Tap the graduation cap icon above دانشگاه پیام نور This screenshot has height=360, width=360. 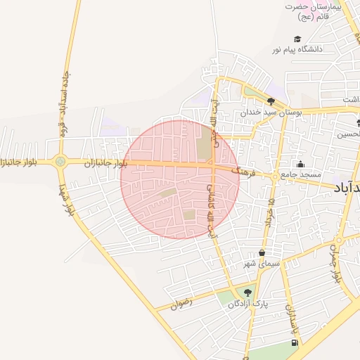[297, 39]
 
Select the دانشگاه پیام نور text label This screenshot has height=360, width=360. [302, 49]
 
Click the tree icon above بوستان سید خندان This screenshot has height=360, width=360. [271, 101]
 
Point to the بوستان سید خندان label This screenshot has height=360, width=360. [271, 111]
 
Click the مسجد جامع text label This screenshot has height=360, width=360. [300, 174]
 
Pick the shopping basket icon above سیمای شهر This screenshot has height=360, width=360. [262, 253]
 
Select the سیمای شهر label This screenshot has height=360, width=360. [262, 263]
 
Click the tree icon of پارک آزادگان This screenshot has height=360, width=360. [246, 292]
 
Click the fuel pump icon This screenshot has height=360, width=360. [294, 343]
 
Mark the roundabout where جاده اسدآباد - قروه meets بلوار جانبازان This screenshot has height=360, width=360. [60, 161]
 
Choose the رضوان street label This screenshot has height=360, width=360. [181, 304]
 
